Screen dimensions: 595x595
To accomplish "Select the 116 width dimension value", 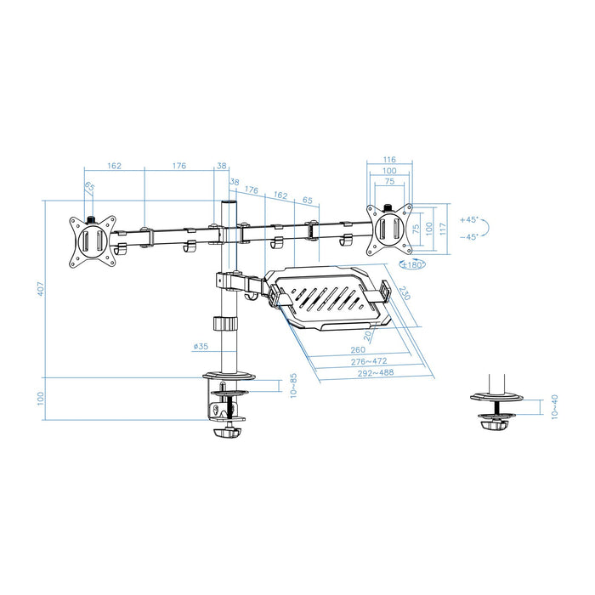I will coord(389,159).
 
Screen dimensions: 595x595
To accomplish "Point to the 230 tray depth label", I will coord(402,292).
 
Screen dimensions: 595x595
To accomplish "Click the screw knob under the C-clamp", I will coord(225,433).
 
